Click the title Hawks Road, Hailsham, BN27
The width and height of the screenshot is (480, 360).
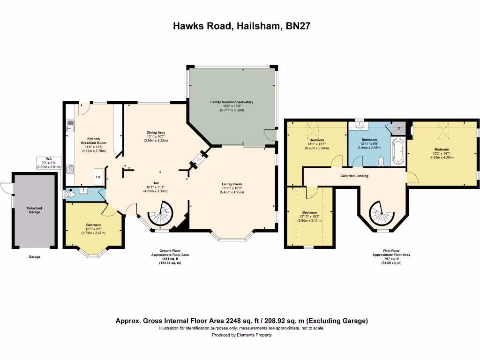[240, 26]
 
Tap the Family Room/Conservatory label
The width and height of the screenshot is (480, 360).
[232, 102]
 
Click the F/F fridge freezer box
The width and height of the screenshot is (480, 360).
[98, 177]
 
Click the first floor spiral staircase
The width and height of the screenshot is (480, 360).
[382, 213]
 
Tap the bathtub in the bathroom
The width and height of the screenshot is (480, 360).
[398, 151]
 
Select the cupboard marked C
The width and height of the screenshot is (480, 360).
[399, 128]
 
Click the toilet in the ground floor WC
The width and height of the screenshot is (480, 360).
[70, 194]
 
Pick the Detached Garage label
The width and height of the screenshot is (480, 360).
[34, 210]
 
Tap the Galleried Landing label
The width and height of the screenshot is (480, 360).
[354, 176]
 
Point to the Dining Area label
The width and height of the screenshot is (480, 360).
[156, 133]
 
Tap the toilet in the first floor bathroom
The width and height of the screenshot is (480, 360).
[381, 161]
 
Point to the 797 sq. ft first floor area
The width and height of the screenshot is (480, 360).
[391, 259]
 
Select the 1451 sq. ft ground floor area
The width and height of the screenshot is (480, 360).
[170, 259]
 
